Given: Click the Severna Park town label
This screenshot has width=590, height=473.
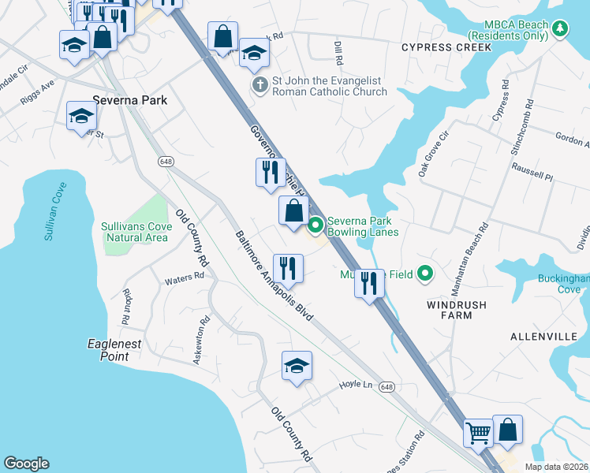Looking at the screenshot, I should point(125,101).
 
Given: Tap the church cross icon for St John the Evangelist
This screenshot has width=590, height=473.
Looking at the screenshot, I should point(259,84).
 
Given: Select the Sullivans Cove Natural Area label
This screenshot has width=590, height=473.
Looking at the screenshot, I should point(135,232).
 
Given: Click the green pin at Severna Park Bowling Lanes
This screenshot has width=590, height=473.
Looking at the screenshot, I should point(316,226).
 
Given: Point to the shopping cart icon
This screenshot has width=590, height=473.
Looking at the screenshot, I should point(478,431).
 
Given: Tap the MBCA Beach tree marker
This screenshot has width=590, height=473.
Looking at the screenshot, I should point(560,30).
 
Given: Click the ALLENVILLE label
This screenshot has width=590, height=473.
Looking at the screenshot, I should point(543,337).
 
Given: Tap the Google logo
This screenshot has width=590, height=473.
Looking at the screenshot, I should point(26,464).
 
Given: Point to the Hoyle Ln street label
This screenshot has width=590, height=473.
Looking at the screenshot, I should point(355,384).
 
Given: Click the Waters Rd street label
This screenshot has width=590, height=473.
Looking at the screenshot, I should point(184,279).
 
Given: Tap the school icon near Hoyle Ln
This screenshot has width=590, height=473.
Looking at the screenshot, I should point(297,365).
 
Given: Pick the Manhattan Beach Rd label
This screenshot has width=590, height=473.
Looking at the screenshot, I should point(471,256).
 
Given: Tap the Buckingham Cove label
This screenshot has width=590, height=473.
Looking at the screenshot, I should point(561,284).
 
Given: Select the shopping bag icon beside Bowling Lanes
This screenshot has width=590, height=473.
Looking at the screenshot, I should point(293,210).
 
